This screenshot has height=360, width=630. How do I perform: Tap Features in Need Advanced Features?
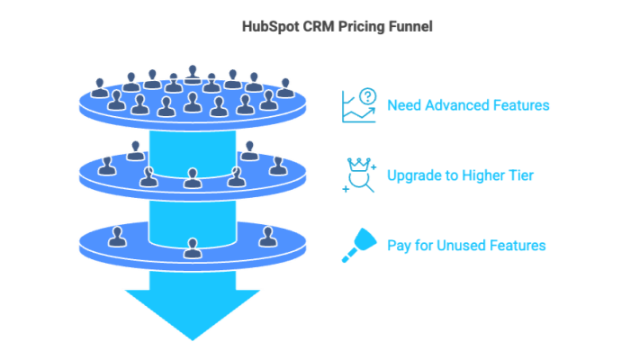[522, 105]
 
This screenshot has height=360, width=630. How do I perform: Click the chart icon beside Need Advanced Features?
[359, 105]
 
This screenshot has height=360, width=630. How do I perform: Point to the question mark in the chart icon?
[367, 95]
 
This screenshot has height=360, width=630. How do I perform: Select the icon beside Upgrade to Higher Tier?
[359, 175]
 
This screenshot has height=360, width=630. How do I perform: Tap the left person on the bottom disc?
[116, 236]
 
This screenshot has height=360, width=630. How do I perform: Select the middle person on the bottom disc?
[192, 247]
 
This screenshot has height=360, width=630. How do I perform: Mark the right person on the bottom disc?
[267, 236]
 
